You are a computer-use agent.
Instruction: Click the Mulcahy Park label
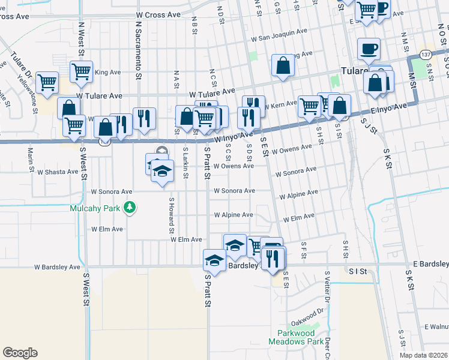pos(96,209)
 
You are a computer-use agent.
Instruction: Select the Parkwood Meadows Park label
pos(300,337)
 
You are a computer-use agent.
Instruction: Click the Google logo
pos(20,353)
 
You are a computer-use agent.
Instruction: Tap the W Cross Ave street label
pos(158,14)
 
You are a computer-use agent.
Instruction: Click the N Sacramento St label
pos(138,52)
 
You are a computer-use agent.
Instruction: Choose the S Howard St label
pos(171,216)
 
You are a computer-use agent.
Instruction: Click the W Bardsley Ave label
pos(57,266)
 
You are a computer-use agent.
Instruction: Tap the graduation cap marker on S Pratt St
pos(214,260)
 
